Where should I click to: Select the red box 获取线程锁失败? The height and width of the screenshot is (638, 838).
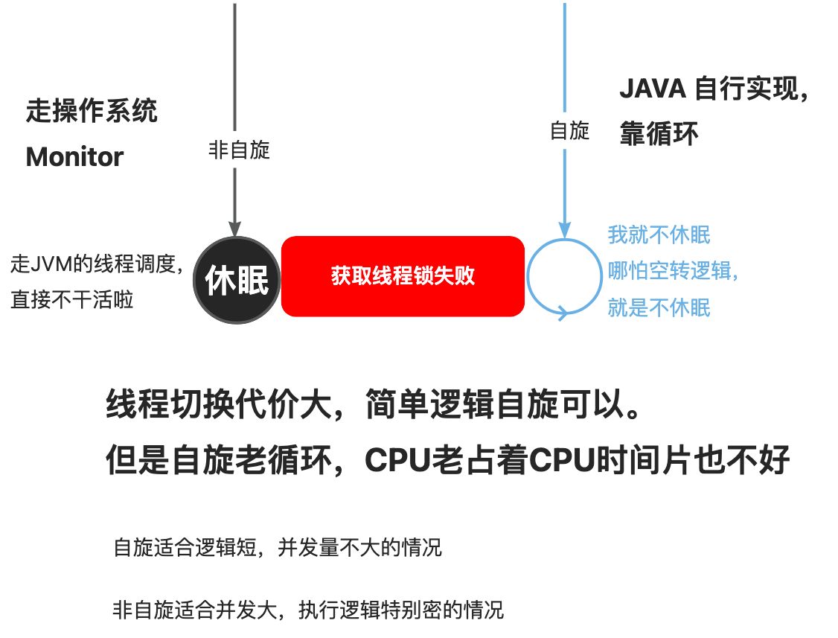403,276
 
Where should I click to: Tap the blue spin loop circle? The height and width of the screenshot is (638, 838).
564,277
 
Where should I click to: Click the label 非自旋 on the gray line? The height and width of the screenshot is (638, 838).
238,151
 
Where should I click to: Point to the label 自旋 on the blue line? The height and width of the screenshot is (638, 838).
569,132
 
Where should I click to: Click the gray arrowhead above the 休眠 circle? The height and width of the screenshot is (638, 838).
235,229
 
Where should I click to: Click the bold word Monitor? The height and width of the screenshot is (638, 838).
74,157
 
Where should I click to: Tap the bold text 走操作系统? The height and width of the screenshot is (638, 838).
92,112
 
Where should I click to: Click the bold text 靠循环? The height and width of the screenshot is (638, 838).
659,135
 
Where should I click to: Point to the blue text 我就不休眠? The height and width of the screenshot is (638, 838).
659,235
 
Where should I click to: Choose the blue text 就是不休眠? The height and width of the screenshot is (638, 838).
659,307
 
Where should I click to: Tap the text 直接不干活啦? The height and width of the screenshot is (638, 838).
72,301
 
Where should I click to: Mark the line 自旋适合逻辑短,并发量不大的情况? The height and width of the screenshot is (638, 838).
278,549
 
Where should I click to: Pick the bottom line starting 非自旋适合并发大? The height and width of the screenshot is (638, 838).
308,610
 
